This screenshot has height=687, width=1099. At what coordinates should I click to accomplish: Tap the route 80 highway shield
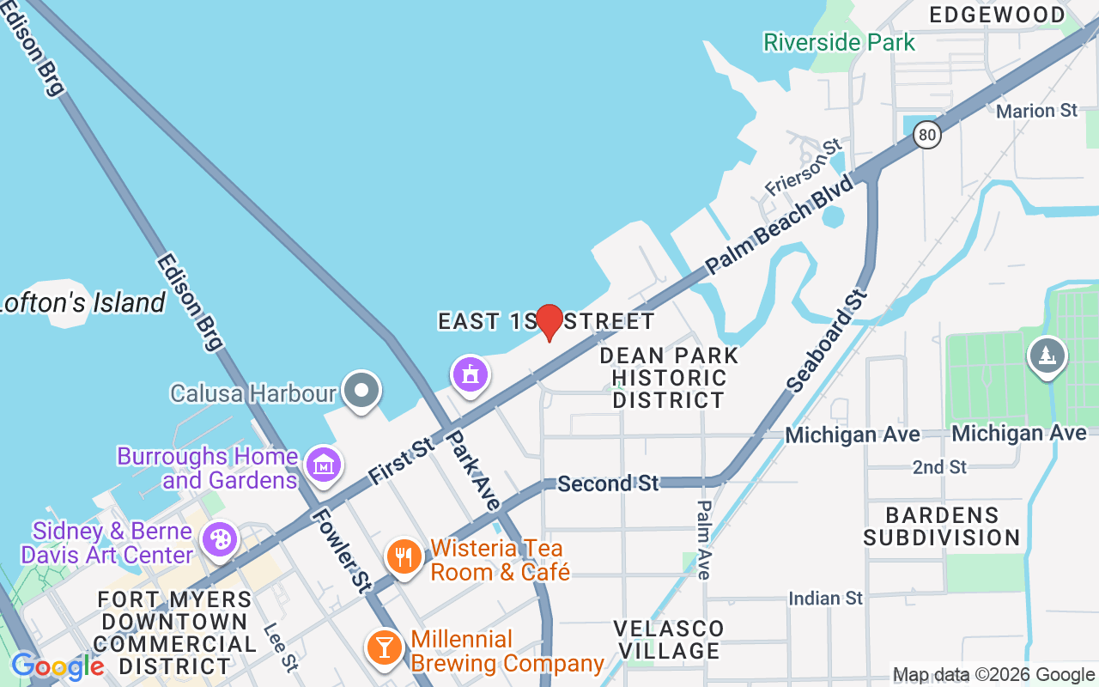[x=926, y=134]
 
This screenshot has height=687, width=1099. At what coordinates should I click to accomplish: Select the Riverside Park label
[x=839, y=41]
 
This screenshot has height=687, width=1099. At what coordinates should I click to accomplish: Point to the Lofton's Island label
[x=82, y=302]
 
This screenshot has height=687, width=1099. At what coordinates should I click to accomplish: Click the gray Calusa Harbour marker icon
[x=361, y=391]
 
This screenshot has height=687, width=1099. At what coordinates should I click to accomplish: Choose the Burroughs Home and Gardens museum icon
[x=324, y=465]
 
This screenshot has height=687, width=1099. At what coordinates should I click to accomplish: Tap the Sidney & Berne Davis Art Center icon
[x=220, y=539]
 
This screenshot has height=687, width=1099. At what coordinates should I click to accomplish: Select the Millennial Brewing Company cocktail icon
[x=383, y=647]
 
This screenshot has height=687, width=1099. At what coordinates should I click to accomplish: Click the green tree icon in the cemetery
[x=1046, y=356]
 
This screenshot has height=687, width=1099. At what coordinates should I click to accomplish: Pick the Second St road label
[x=607, y=483]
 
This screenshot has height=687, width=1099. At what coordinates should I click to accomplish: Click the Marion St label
[x=1036, y=111]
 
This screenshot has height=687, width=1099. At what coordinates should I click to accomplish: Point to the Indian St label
[x=825, y=598]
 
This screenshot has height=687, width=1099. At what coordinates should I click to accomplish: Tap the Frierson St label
[x=802, y=167]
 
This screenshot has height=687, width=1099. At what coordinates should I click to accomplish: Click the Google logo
[x=58, y=666]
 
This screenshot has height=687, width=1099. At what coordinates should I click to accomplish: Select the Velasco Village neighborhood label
[x=670, y=640]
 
